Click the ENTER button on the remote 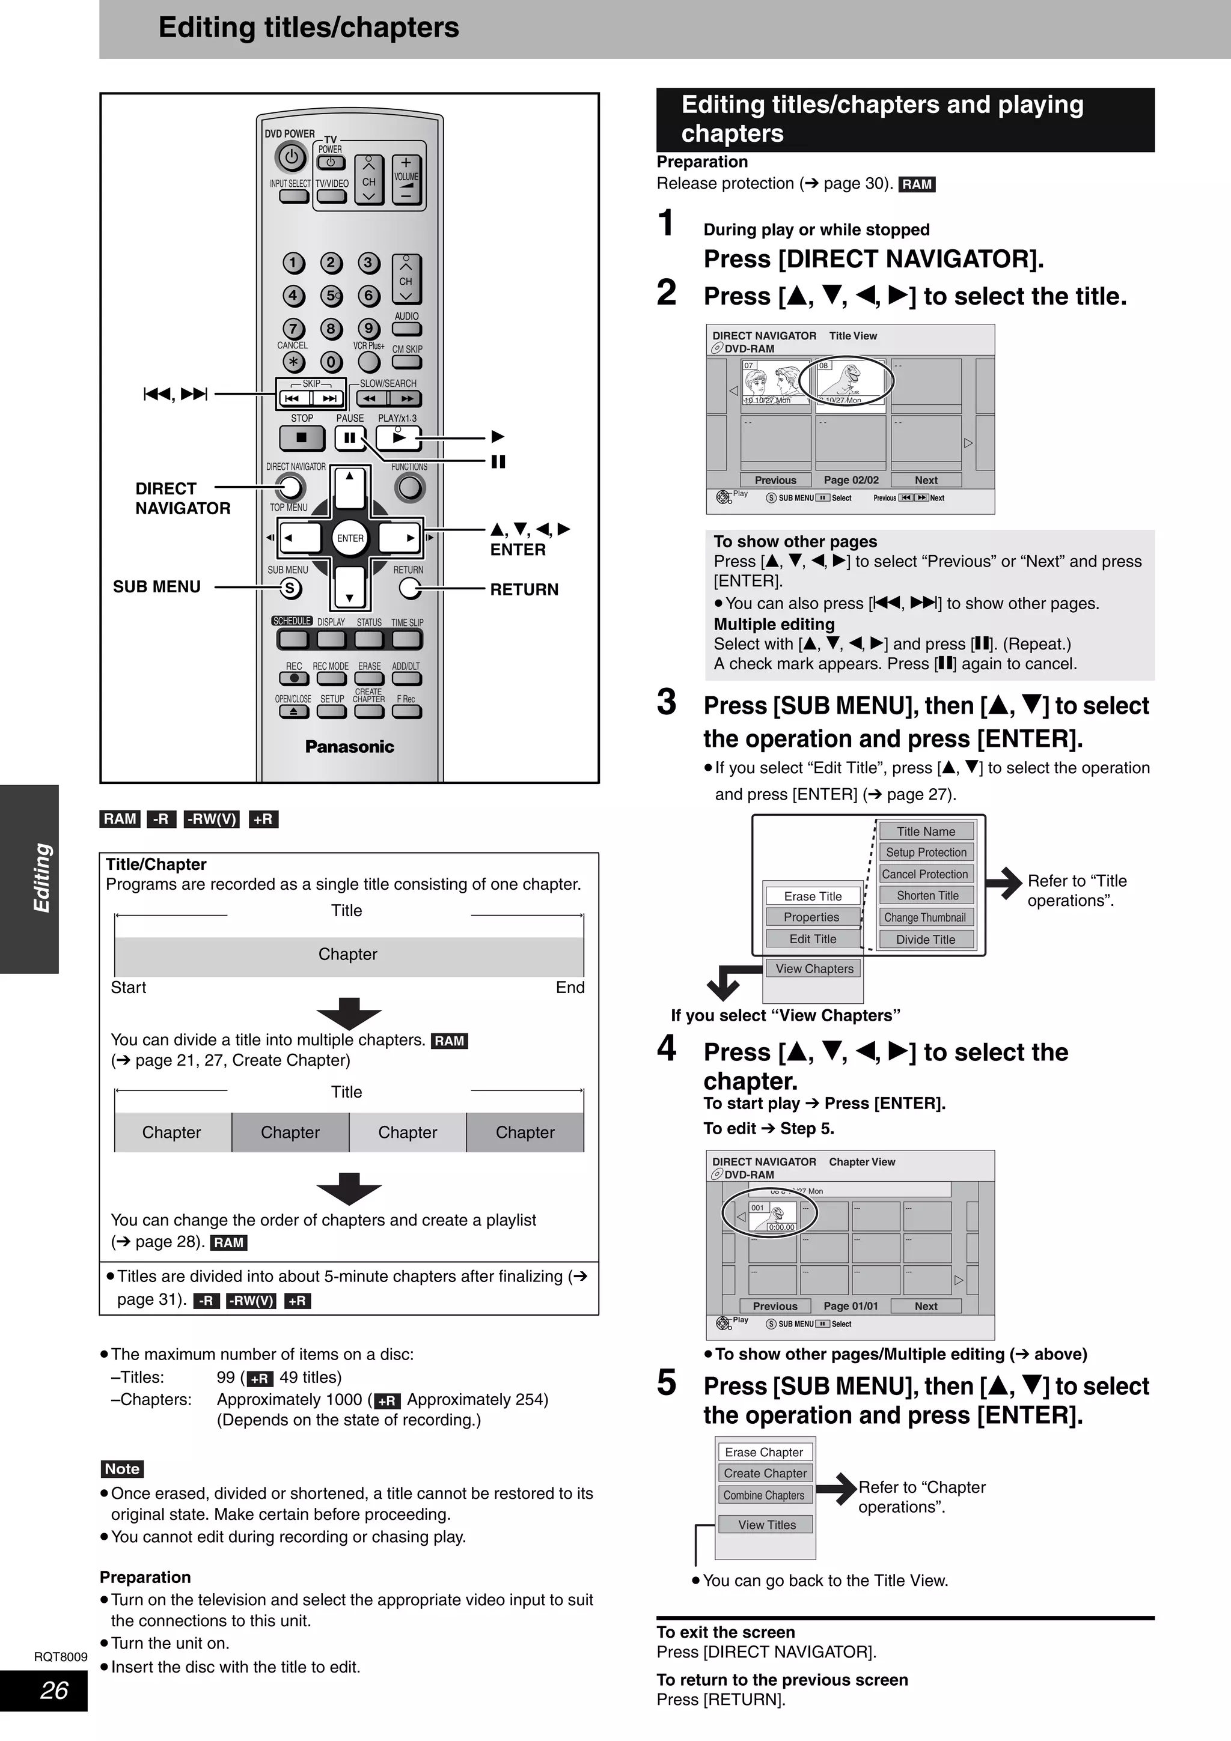pos(350,538)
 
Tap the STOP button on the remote pos(301,437)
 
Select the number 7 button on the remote pos(293,329)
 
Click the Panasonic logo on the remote pos(350,746)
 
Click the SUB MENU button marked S pos(290,588)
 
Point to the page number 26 pos(54,1690)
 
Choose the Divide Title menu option pos(925,940)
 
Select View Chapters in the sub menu pos(814,968)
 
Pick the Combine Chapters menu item pos(764,1495)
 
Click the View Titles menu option pos(767,1525)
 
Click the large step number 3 pos(666,702)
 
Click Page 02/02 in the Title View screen pos(851,480)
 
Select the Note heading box pos(122,1469)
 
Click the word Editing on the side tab pos(41,878)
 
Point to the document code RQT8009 pos(61,1657)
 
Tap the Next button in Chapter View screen pos(925,1306)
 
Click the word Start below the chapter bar pos(128,987)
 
